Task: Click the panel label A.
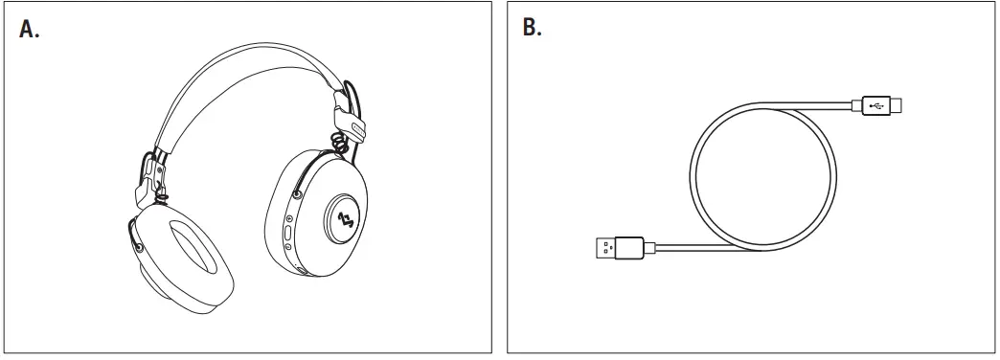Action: [x=29, y=29]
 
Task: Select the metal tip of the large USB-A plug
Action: [x=598, y=251]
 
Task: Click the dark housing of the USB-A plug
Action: [x=628, y=250]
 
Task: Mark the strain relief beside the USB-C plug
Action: [x=855, y=104]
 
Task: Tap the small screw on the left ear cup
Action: [x=142, y=247]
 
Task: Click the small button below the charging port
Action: [x=290, y=248]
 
